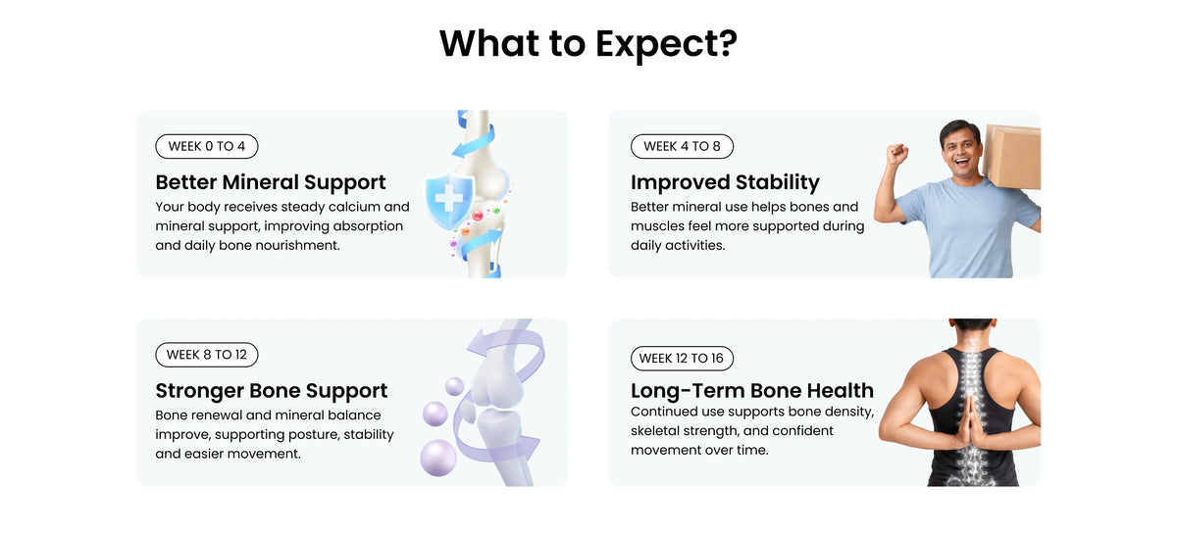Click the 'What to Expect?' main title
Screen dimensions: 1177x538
pyautogui.click(x=588, y=43)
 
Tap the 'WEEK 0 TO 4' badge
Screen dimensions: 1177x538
pyautogui.click(x=207, y=146)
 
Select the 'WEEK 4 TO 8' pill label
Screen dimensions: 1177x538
pyautogui.click(x=682, y=146)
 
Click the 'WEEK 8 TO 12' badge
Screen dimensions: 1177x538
pyautogui.click(x=207, y=355)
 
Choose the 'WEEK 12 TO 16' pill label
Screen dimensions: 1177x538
pyautogui.click(x=682, y=358)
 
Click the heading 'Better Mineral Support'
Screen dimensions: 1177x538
pyautogui.click(x=271, y=182)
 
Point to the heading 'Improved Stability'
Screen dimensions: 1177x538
pyautogui.click(x=725, y=182)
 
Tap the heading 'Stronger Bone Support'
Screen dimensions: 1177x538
pyautogui.click(x=271, y=390)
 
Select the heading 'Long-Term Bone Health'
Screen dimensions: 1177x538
pyautogui.click(x=752, y=390)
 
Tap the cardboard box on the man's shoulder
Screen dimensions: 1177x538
pyautogui.click(x=1012, y=157)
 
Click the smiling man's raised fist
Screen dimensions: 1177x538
pyautogui.click(x=897, y=154)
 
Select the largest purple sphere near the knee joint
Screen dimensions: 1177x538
pyautogui.click(x=438, y=458)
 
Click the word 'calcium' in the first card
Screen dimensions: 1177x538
pyautogui.click(x=354, y=206)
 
